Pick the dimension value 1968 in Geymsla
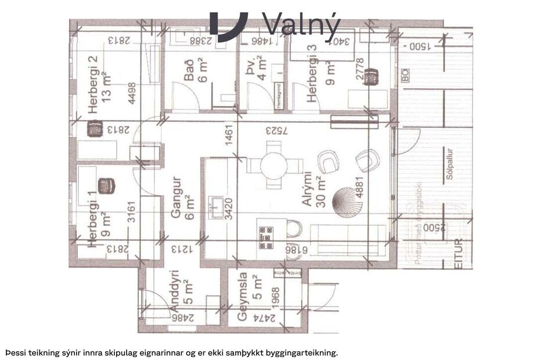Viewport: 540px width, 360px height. pyautogui.click(x=276, y=299)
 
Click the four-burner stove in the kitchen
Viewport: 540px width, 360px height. pyautogui.click(x=267, y=237)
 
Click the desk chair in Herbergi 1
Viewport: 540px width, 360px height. pyautogui.click(x=105, y=186)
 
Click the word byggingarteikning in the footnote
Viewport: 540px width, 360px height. pyautogui.click(x=294, y=352)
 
